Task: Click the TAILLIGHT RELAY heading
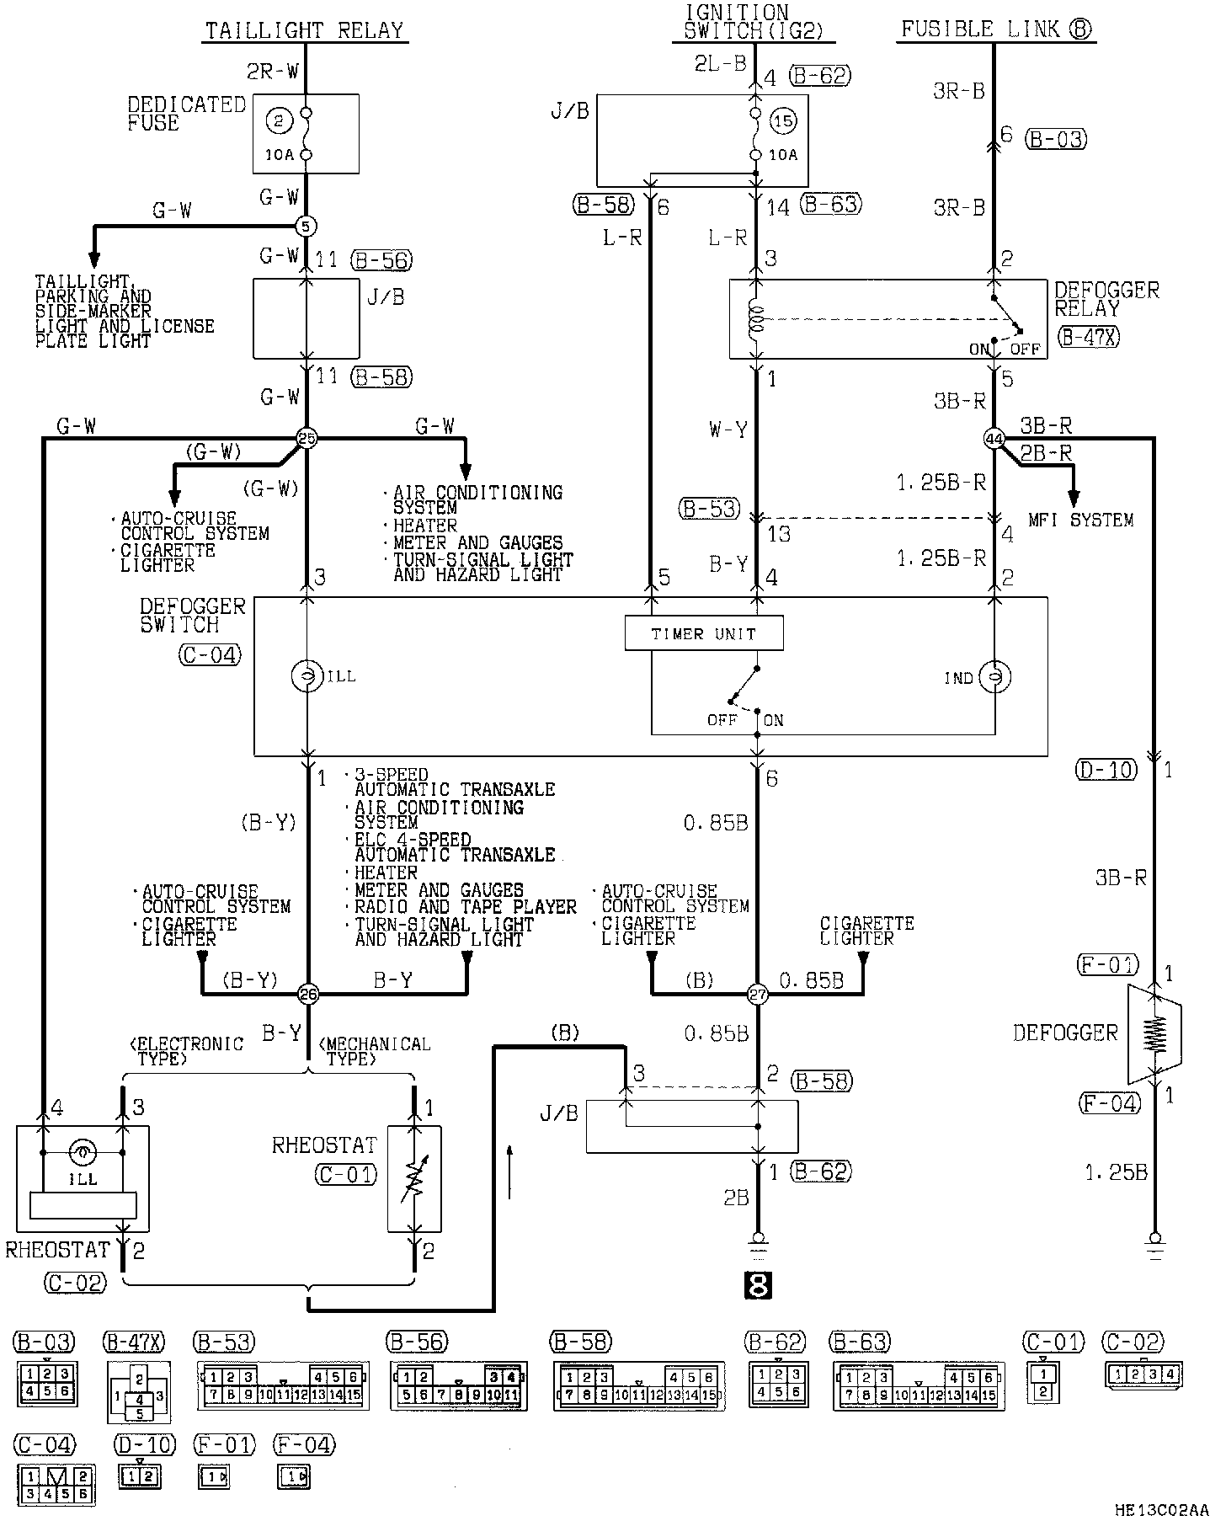[x=306, y=31]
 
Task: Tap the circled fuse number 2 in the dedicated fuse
[x=278, y=120]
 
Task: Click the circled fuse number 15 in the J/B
[x=783, y=120]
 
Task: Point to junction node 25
[x=306, y=438]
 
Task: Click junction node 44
[x=994, y=438]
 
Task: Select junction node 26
[x=308, y=995]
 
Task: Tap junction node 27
[x=758, y=995]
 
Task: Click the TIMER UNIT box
[x=704, y=633]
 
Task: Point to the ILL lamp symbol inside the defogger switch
[x=306, y=676]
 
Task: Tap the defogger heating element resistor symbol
[x=1156, y=1033]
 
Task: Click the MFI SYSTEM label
[x=1080, y=520]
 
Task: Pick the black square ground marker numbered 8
[x=757, y=1286]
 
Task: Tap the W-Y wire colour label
[x=728, y=431]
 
